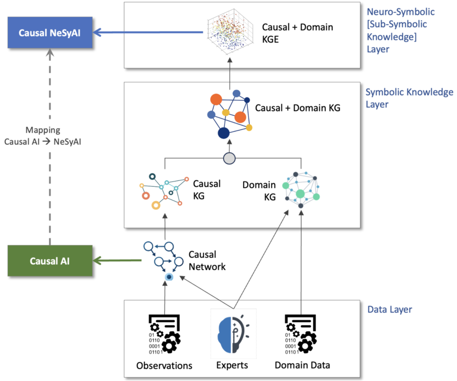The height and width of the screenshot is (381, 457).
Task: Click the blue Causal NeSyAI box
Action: pyautogui.click(x=50, y=32)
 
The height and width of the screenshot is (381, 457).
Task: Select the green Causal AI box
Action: pyautogui.click(x=50, y=260)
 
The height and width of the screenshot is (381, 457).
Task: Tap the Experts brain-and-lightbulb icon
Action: pyautogui.click(x=233, y=334)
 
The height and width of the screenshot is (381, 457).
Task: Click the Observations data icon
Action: pyautogui.click(x=165, y=334)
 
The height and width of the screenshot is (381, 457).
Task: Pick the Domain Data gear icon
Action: pyautogui.click(x=301, y=334)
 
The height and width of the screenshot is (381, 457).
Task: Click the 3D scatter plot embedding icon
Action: pyautogui.click(x=230, y=32)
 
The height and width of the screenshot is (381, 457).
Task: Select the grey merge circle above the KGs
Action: pyautogui.click(x=229, y=158)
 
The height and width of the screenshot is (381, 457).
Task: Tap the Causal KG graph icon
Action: pyautogui.click(x=164, y=192)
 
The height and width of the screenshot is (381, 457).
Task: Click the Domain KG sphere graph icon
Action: pyautogui.click(x=301, y=189)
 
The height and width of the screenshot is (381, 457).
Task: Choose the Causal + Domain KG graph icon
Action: pyautogui.click(x=230, y=114)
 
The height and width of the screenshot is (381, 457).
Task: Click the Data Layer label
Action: pyautogui.click(x=390, y=309)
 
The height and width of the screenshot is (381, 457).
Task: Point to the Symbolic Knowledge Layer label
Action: pyautogui.click(x=409, y=98)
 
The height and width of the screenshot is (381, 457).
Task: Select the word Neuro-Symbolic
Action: pyautogui.click(x=401, y=12)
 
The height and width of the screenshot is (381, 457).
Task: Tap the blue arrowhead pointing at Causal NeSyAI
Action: pyautogui.click(x=98, y=32)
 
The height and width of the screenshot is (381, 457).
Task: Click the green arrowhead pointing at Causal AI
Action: pyautogui.click(x=98, y=260)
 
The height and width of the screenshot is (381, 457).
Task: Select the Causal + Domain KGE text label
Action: pyautogui.click(x=297, y=33)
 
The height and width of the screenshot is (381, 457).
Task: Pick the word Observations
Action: pyautogui.click(x=165, y=365)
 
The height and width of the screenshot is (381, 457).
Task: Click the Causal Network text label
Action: pyautogui.click(x=207, y=260)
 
